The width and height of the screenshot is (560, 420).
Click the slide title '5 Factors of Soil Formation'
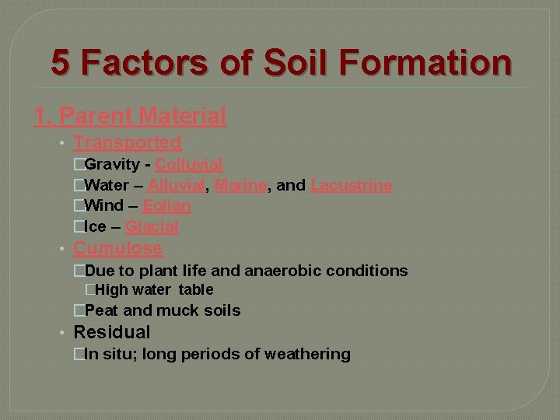(x=282, y=62)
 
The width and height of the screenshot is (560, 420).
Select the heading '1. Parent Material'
(x=130, y=117)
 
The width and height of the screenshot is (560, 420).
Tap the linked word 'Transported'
(x=127, y=143)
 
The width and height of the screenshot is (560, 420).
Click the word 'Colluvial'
(x=189, y=165)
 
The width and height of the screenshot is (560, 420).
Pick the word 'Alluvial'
(x=176, y=186)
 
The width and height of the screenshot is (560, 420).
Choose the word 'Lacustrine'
(x=351, y=186)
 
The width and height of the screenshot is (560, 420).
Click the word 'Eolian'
(x=166, y=206)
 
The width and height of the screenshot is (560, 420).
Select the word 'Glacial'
(x=152, y=227)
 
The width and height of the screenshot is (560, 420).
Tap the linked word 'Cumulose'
(x=117, y=249)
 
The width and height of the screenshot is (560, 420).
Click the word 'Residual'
(x=111, y=333)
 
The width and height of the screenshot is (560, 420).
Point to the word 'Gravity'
(x=111, y=165)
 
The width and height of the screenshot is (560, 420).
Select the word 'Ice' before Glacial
(x=96, y=227)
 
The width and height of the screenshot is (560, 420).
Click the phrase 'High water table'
(x=154, y=290)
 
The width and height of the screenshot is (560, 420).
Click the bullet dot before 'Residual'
(x=61, y=333)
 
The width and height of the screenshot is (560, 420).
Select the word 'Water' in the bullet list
(x=107, y=186)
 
